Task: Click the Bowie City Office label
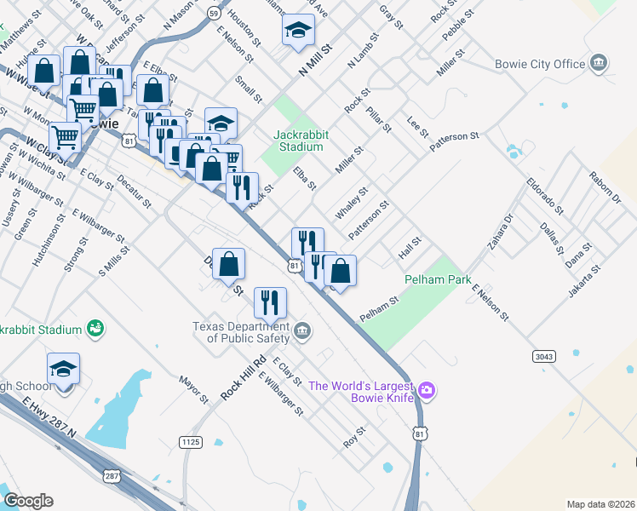[540, 64]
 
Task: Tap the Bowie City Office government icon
[600, 63]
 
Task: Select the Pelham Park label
[438, 279]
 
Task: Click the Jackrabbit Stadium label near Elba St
[298, 141]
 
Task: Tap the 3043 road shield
[544, 355]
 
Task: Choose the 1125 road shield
[191, 440]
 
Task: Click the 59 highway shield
[213, 14]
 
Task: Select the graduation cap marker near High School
[63, 369]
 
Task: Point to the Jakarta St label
[587, 280]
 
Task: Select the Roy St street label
[353, 437]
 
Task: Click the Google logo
[28, 501]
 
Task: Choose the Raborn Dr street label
[605, 187]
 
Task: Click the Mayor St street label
[193, 389]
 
